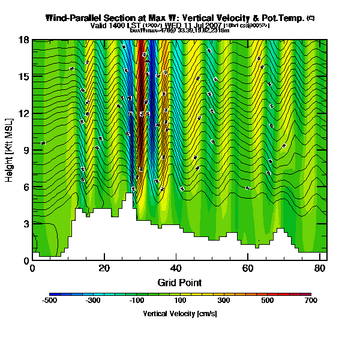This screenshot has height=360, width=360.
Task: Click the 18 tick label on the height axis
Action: tap(25, 40)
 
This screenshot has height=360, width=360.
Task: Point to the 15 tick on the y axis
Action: tap(25, 77)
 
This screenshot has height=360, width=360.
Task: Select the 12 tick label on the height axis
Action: tap(25, 114)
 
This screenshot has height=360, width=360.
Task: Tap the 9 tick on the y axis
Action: tap(26, 151)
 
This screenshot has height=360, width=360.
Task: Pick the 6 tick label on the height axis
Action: tap(26, 187)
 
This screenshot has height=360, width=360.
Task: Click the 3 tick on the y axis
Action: tap(26, 224)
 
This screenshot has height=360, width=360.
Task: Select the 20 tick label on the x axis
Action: tap(104, 268)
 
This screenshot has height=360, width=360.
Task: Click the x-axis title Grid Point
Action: tap(179, 282)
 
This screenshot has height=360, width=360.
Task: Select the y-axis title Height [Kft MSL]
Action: tap(10, 151)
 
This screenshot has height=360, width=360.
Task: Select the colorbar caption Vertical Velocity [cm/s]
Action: tap(179, 313)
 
